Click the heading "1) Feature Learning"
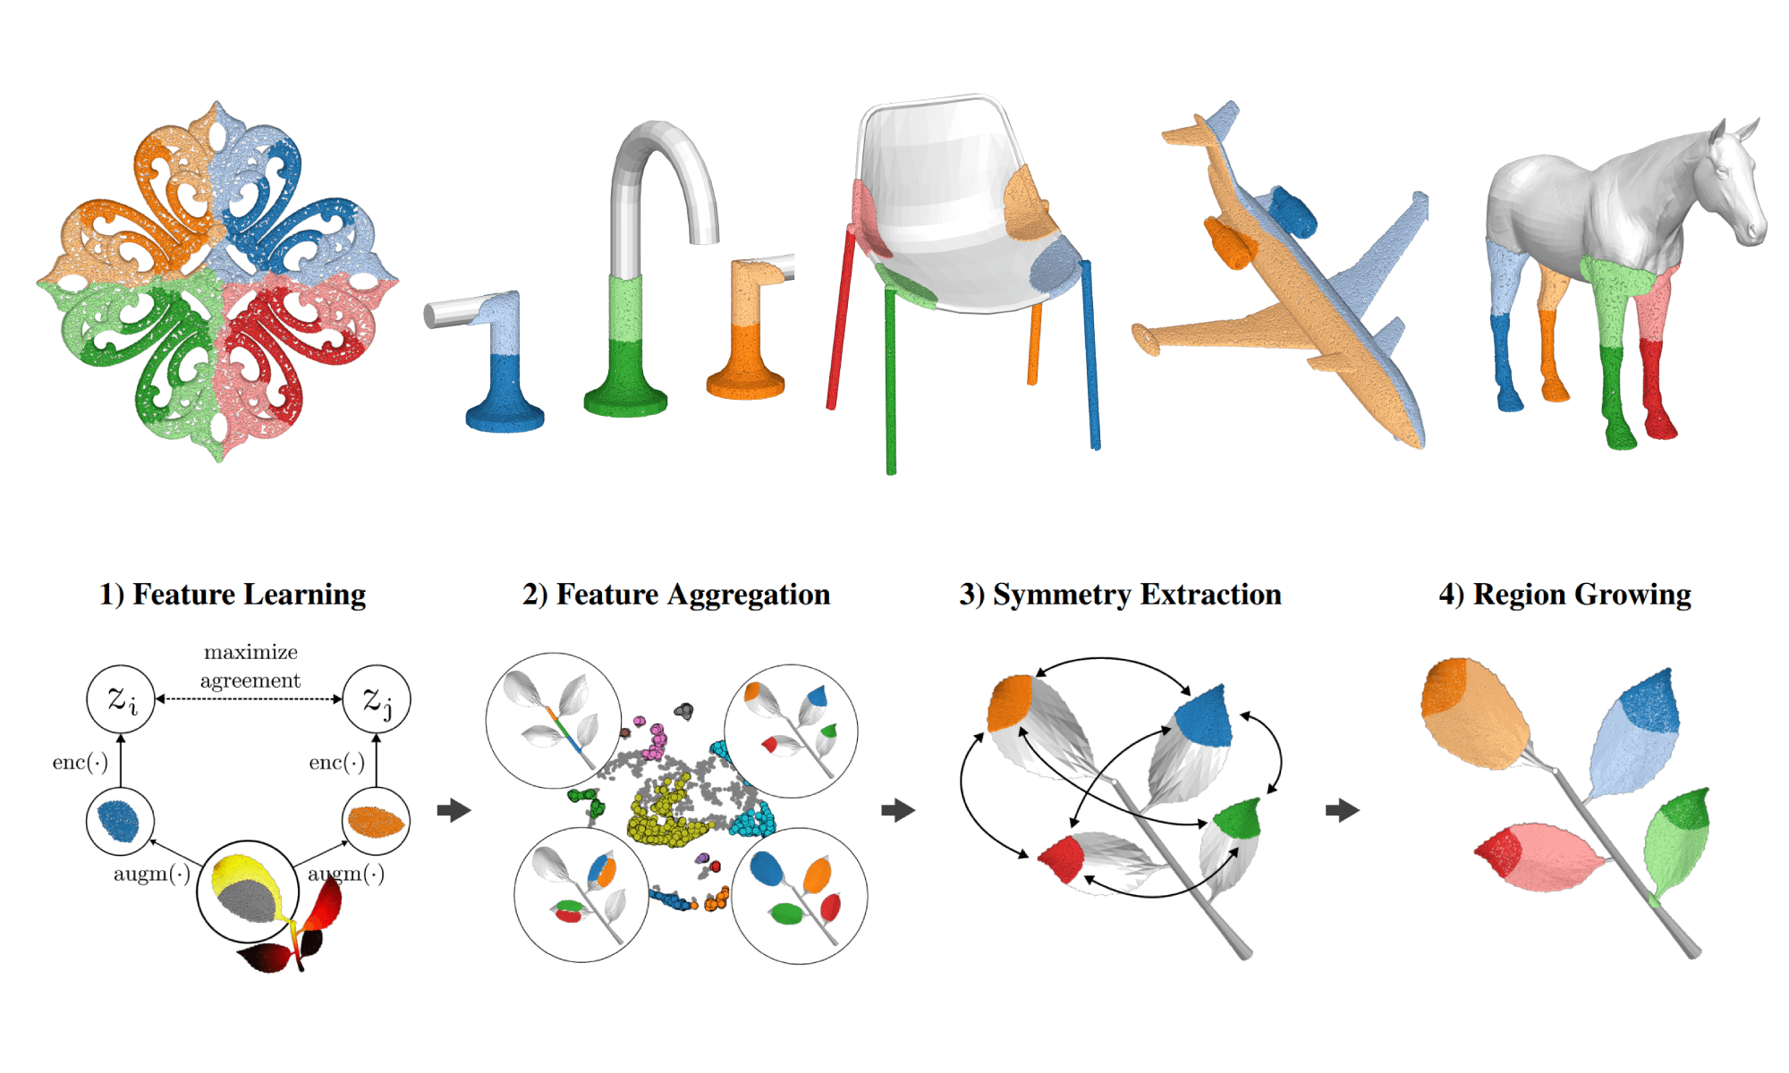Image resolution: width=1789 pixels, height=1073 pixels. coord(233,595)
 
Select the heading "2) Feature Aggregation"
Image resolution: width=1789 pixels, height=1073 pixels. coord(676,595)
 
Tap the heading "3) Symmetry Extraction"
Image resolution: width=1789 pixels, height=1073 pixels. coord(1120,595)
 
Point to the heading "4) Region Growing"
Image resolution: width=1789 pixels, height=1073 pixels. coord(1564,595)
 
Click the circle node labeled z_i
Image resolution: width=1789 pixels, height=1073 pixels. coord(121,699)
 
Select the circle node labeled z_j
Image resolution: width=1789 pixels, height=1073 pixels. coord(377,699)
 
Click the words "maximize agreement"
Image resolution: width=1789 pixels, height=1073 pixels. coord(250,666)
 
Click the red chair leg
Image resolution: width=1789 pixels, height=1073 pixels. coord(841,317)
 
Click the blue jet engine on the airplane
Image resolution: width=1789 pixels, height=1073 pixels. coord(1293,211)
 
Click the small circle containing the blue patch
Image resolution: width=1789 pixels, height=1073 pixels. coord(120,821)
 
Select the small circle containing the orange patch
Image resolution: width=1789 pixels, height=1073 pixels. coord(377,821)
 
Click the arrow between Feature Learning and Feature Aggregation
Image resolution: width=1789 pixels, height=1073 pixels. coord(454,810)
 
